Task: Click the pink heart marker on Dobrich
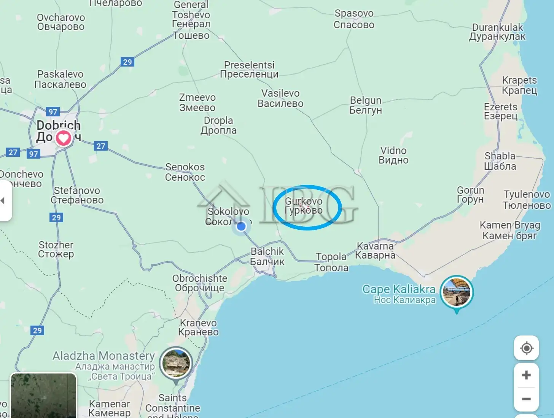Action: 64,138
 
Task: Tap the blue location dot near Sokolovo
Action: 241,227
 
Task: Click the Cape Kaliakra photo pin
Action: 457,292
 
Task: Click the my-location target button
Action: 526,348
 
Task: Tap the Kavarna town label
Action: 375,251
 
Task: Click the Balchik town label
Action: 267,256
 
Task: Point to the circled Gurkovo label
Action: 304,206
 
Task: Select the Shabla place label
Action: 500,161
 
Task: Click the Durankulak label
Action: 497,32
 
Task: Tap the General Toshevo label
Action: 191,20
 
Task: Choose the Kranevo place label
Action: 198,327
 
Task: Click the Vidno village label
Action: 393,155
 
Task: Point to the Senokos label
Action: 185,172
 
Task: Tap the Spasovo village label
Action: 354,19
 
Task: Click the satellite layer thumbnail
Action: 43,396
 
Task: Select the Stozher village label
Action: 56,250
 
